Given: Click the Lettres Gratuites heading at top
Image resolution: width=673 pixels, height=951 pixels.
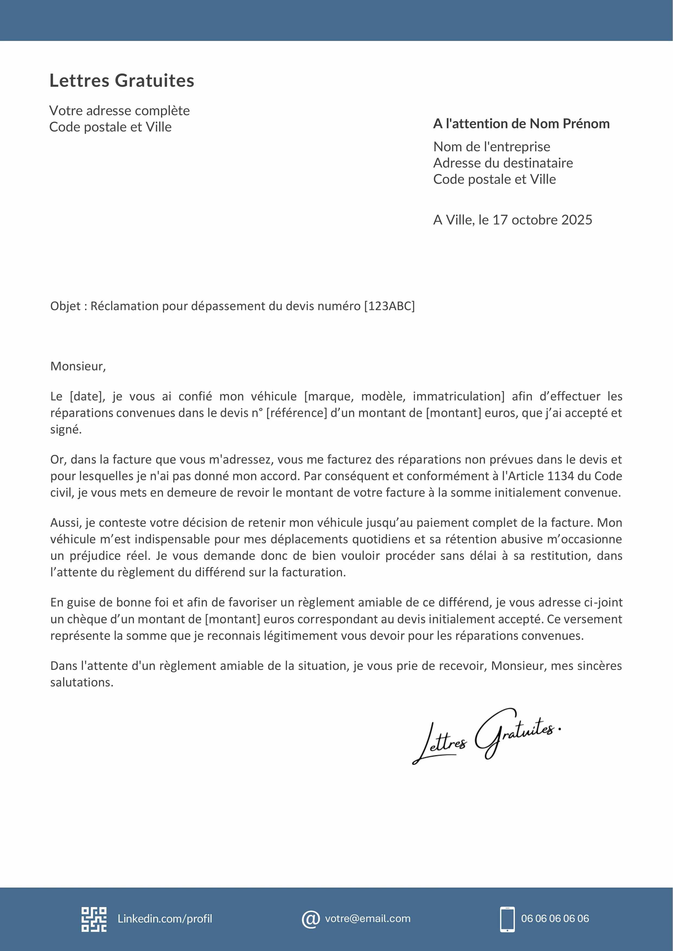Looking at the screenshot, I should pyautogui.click(x=122, y=80).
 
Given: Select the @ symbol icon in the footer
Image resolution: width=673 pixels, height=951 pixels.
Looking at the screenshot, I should pyautogui.click(x=310, y=919).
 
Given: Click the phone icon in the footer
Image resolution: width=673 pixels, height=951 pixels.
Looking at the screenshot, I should pyautogui.click(x=507, y=919).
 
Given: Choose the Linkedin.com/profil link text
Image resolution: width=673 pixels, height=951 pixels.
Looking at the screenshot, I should pyautogui.click(x=165, y=919).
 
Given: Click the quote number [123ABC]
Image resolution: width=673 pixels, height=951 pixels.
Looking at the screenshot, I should pyautogui.click(x=389, y=306).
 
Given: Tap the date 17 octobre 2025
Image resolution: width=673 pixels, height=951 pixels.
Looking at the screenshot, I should pyautogui.click(x=542, y=220).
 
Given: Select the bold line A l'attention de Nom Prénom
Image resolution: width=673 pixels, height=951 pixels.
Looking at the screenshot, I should pyautogui.click(x=521, y=124).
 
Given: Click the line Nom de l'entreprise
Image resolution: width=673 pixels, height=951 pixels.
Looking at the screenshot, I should pyautogui.click(x=492, y=147).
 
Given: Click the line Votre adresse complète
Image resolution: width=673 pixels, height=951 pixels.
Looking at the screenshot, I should pyautogui.click(x=119, y=111).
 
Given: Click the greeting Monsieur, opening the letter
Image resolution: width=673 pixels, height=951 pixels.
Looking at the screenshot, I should pyautogui.click(x=78, y=366).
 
